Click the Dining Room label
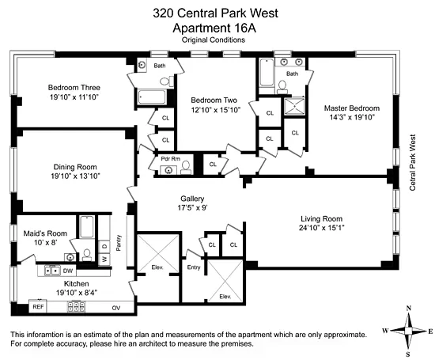[x=74, y=167]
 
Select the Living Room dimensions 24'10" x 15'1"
[x=320, y=229]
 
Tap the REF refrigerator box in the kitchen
[x=37, y=305]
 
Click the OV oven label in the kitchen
[x=115, y=306]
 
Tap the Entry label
[x=194, y=268]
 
